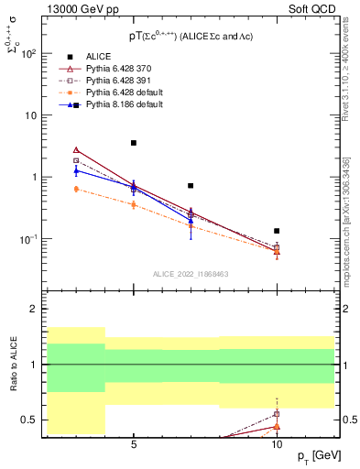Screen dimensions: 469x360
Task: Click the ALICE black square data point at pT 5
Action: (x=134, y=143)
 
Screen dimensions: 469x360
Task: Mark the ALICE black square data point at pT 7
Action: (x=191, y=186)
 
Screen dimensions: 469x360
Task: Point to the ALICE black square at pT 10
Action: (x=277, y=231)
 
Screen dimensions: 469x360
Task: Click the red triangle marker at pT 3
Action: (x=76, y=149)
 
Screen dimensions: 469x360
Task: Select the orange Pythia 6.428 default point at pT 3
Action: (x=76, y=189)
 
